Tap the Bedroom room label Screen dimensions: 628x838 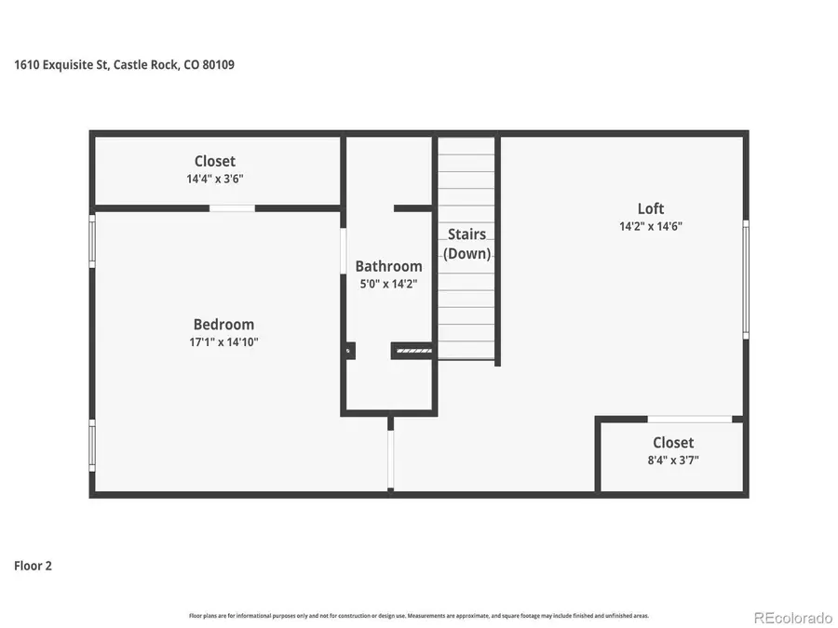pos(223,325)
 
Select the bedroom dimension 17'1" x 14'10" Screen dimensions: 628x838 pos(223,342)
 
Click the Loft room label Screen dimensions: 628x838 pos(651,208)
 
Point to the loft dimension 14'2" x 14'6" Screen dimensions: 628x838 pos(651,226)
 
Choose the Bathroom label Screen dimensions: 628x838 pos(388,266)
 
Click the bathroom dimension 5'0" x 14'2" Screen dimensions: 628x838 pos(388,284)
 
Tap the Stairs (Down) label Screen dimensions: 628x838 pos(466,244)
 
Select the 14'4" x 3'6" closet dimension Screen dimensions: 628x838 pos(215,179)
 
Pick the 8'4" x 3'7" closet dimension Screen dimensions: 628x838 pos(672,460)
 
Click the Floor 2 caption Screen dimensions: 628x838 pos(33,565)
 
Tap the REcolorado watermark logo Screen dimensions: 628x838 pos(792,617)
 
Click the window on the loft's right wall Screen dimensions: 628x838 pos(745,279)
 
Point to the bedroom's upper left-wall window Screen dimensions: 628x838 pos(92,241)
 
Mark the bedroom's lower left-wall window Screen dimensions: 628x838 pos(92,445)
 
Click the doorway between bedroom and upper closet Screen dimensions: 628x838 pos(232,208)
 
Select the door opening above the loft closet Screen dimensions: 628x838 pos(689,420)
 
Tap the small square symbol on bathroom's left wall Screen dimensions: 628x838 pos(349,351)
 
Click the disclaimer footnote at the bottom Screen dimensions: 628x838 pos(419,616)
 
